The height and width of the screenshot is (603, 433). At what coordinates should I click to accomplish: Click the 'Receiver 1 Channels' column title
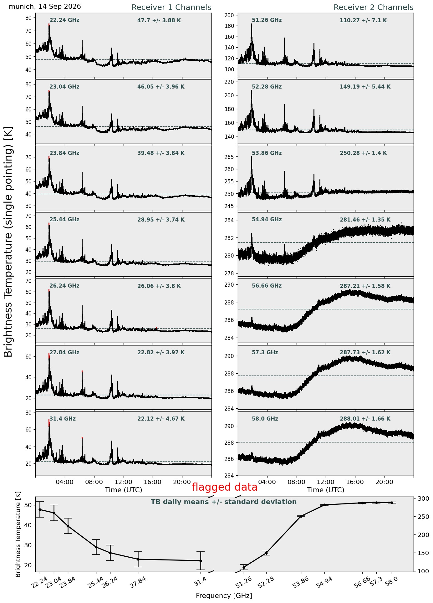pyautogui.click(x=171, y=8)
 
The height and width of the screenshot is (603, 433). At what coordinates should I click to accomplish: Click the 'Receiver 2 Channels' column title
pyautogui.click(x=374, y=8)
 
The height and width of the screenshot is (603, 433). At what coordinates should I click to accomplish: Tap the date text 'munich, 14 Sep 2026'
pyautogui.click(x=45, y=7)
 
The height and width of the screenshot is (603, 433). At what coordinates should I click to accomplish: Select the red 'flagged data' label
pyautogui.click(x=225, y=487)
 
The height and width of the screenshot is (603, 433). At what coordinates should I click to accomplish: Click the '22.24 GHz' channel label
pyautogui.click(x=64, y=20)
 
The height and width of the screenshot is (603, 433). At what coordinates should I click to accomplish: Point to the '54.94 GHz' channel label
pyautogui.click(x=267, y=220)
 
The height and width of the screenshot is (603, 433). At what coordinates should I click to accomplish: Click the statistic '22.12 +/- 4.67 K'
pyautogui.click(x=161, y=419)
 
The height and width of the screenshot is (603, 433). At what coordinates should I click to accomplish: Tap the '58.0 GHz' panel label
pyautogui.click(x=265, y=419)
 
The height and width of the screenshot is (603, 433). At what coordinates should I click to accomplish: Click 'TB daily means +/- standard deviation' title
pyautogui.click(x=224, y=502)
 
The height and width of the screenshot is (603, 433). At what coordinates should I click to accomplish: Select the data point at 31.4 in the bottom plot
pyautogui.click(x=201, y=561)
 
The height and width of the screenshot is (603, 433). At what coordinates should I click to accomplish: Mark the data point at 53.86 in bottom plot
pyautogui.click(x=301, y=516)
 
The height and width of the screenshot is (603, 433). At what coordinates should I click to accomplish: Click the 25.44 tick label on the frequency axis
pyautogui.click(x=93, y=581)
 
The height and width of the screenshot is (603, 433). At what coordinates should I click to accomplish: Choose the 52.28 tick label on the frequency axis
pyautogui.click(x=263, y=581)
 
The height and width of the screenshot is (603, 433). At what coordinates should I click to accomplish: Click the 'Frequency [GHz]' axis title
pyautogui.click(x=224, y=596)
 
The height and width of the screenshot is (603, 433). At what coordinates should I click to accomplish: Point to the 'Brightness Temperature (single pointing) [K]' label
pyautogui.click(x=8, y=242)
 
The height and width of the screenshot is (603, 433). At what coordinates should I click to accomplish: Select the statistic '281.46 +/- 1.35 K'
pyautogui.click(x=365, y=220)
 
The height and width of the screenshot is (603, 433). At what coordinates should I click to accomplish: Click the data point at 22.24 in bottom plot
pyautogui.click(x=40, y=510)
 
